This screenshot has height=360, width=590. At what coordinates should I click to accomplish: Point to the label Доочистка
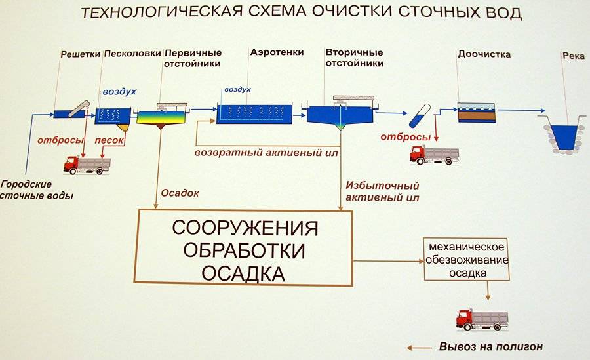(483, 54)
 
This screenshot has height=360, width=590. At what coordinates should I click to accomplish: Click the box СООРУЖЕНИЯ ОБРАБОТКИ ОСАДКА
(244, 248)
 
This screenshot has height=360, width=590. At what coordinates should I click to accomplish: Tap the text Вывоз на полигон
(490, 347)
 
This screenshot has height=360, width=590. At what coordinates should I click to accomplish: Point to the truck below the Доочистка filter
(433, 155)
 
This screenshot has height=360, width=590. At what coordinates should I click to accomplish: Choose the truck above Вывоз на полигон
(482, 319)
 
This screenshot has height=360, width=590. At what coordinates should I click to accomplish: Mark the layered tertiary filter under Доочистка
(477, 112)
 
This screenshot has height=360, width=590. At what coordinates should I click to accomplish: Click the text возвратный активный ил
(266, 153)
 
